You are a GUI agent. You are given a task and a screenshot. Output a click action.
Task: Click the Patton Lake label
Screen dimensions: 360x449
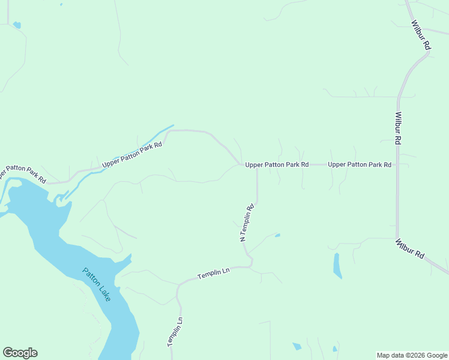pyautogui.click(x=97, y=284)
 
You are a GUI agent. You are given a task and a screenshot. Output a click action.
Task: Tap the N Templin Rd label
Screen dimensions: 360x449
pyautogui.click(x=247, y=223)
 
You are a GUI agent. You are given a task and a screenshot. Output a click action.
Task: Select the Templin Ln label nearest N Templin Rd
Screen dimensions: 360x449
pyautogui.click(x=214, y=273)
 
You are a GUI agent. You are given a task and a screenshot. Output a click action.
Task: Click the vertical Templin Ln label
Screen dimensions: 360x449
pyautogui.click(x=175, y=332)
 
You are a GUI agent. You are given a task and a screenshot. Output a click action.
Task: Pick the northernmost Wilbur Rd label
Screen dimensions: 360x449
pyautogui.click(x=421, y=35)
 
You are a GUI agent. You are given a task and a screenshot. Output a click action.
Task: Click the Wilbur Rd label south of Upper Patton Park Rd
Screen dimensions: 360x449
pyautogui.click(x=409, y=249)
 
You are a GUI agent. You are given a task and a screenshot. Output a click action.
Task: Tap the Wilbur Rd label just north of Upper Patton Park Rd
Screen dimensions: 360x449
pyautogui.click(x=398, y=128)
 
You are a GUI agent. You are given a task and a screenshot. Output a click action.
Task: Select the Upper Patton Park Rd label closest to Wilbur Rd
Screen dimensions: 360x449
pyautogui.click(x=360, y=164)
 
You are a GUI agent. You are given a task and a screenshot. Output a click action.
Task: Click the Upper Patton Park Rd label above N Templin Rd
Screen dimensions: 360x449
pyautogui.click(x=277, y=164)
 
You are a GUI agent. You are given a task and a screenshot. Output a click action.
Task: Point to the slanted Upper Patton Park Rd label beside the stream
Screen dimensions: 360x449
pyautogui.click(x=132, y=154)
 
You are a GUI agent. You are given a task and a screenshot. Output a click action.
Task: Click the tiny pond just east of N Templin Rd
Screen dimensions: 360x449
pyautogui.click(x=277, y=235)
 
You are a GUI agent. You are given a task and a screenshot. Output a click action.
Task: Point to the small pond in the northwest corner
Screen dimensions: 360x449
pyautogui.click(x=17, y=25)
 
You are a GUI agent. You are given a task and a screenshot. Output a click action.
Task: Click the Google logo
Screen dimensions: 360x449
pyautogui.click(x=20, y=353)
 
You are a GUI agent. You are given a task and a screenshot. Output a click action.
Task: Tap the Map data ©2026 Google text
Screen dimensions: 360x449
pyautogui.click(x=412, y=355)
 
